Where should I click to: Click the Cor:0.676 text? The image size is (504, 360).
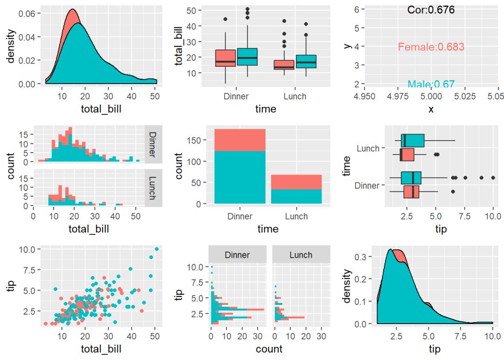[x=431, y=10]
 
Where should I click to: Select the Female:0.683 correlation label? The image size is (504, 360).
[x=431, y=47]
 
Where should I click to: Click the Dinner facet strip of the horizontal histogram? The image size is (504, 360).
[x=237, y=255]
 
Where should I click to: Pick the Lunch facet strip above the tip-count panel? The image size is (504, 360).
[x=301, y=255]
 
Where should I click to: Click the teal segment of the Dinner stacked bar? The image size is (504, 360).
[x=240, y=177]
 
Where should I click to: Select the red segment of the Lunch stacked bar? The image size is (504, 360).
[x=296, y=182]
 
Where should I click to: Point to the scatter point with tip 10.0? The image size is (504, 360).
[x=157, y=249]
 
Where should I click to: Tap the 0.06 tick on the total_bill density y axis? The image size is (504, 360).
[x=26, y=14]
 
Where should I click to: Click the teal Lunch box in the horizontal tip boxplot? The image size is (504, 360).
[x=413, y=141]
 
